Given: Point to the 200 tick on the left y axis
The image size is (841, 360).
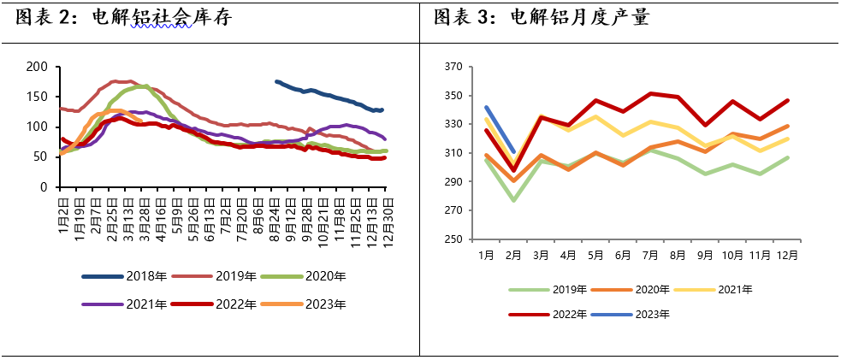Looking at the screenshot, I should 36,67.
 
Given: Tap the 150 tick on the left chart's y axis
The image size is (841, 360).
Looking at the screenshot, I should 36,97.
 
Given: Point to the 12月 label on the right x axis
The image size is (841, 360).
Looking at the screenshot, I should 787,255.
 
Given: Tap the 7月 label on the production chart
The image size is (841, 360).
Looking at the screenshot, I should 651,255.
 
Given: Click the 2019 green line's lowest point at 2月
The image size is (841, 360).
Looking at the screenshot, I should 514,200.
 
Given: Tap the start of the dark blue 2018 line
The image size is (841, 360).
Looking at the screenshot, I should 275,81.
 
